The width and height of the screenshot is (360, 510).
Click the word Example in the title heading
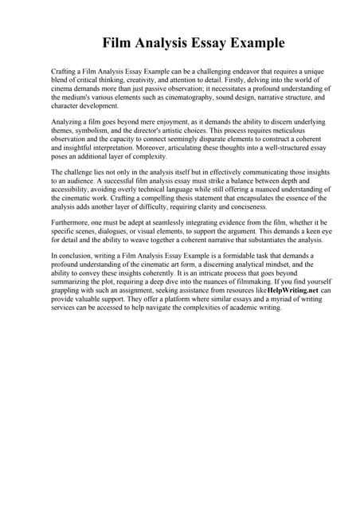[x=252, y=41]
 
